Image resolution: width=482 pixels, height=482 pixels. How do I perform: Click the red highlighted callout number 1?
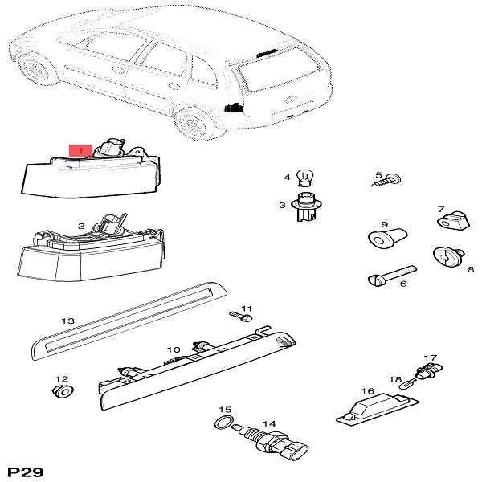[x=80, y=150]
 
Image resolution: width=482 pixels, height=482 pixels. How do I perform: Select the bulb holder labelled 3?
[x=304, y=206]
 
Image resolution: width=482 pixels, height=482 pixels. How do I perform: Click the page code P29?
[x=23, y=469]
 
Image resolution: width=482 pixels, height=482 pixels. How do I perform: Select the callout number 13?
[x=68, y=321]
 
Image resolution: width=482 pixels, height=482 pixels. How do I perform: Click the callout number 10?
[x=174, y=350]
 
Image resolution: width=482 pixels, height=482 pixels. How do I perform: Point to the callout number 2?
[x=81, y=227]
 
